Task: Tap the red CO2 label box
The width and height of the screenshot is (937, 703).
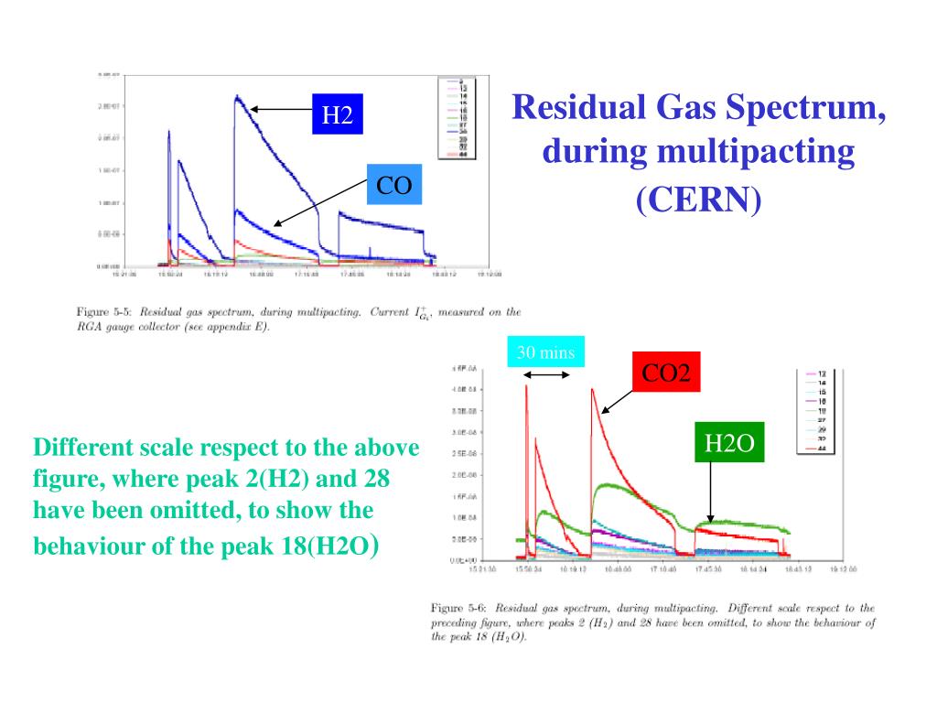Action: pos(665,373)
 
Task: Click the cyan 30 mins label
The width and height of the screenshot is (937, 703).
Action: pos(545,352)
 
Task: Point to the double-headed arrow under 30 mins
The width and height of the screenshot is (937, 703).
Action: pos(546,375)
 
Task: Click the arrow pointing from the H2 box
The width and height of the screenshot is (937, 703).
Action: pos(281,109)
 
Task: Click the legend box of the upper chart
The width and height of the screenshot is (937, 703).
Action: pos(454,118)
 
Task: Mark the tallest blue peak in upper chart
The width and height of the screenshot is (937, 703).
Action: pos(237,97)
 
